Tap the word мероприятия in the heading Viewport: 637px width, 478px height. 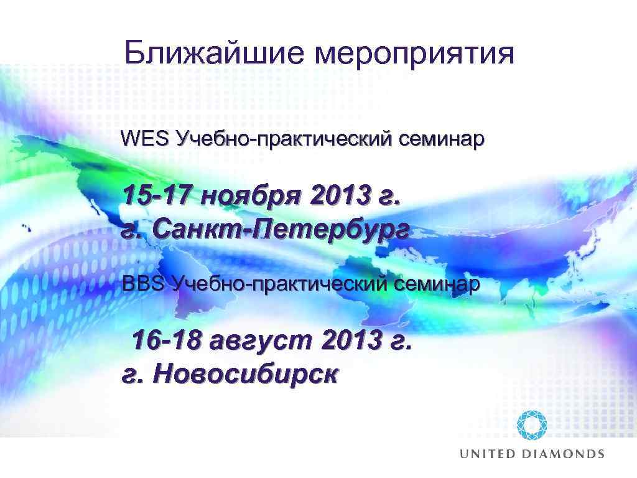[416, 55]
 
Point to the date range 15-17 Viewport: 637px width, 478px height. [158, 197]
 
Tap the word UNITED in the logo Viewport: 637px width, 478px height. [488, 454]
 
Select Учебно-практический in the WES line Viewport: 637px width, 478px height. [284, 139]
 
